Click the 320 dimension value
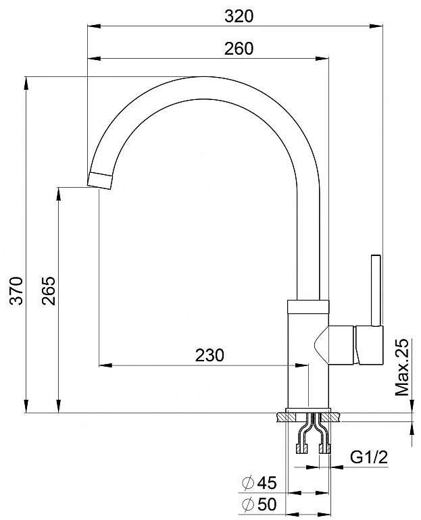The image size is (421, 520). (x=239, y=16)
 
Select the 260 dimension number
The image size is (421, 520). (x=239, y=48)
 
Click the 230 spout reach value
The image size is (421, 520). (x=209, y=355)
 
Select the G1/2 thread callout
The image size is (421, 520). (x=368, y=457)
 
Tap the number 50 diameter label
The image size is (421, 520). (x=268, y=504)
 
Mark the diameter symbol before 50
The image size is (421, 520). (x=248, y=504)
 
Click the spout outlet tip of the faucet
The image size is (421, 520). (x=101, y=179)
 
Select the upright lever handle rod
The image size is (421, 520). (x=376, y=290)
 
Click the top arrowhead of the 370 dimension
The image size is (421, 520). (x=26, y=82)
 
